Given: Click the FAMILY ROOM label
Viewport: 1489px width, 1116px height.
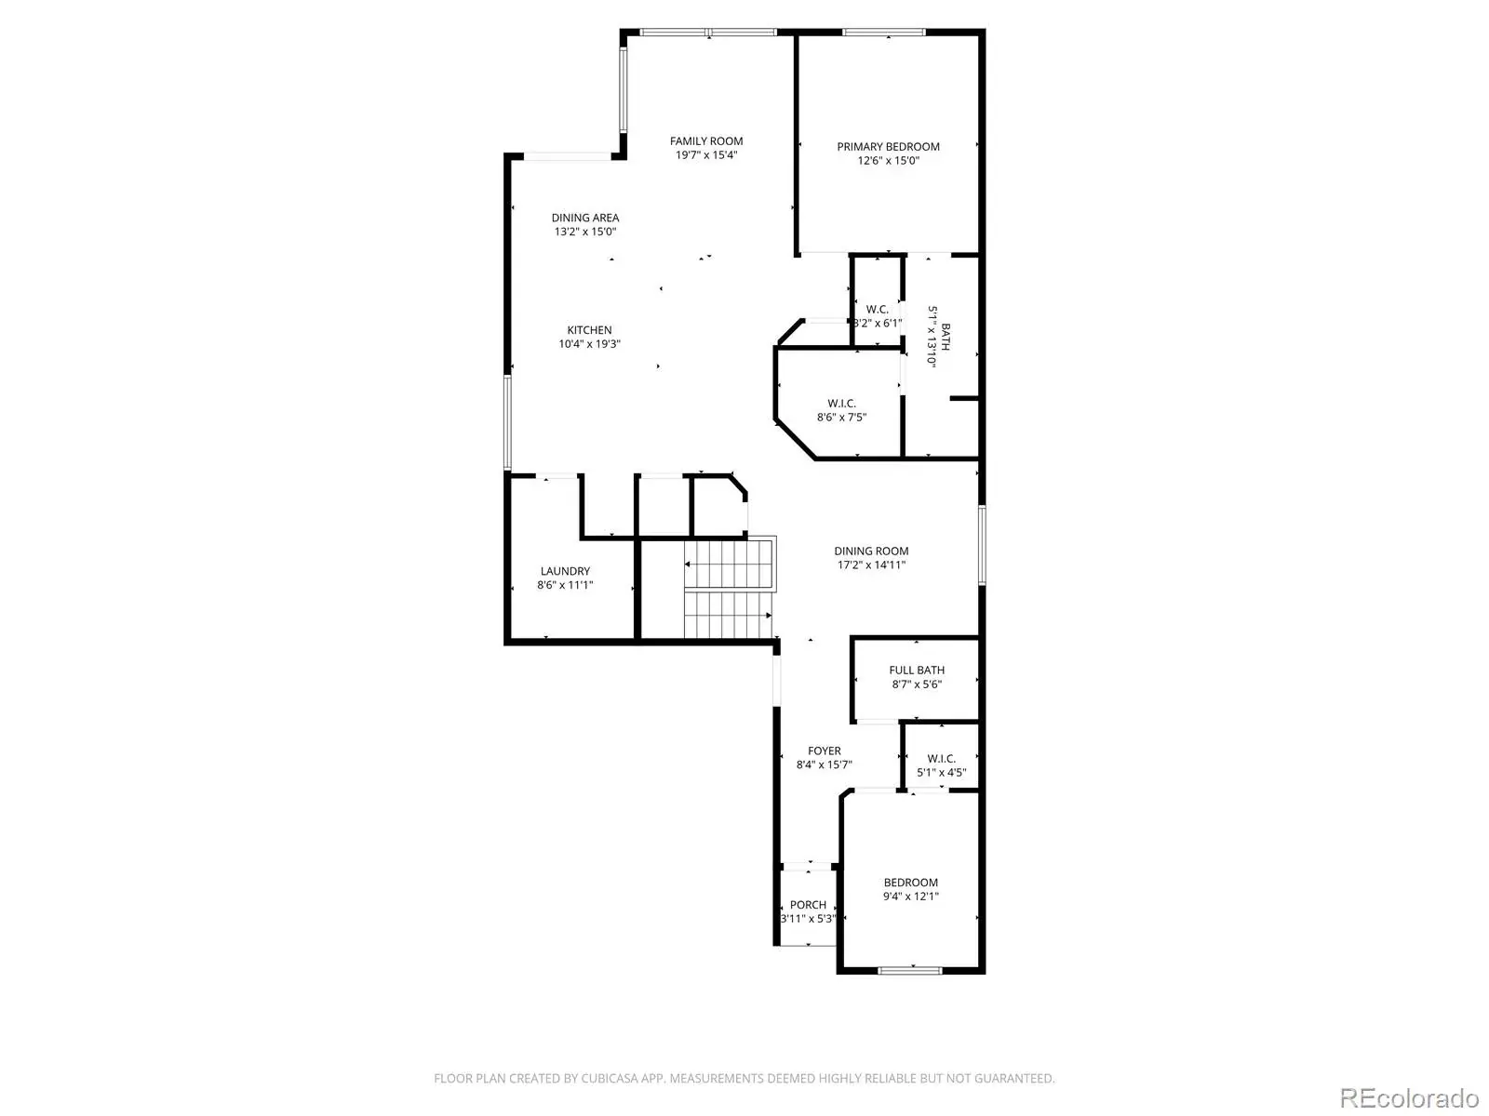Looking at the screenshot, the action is tap(706, 141).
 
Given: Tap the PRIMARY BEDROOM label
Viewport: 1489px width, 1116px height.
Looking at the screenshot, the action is tap(888, 146).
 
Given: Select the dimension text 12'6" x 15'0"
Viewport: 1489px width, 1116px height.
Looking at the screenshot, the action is tap(888, 161).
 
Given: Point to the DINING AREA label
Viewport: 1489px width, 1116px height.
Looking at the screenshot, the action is tap(584, 218).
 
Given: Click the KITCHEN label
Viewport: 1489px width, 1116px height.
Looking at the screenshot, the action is tap(589, 330).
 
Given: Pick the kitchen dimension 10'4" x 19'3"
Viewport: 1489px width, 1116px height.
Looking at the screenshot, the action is tap(589, 343).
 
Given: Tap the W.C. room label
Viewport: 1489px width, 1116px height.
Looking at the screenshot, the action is tap(878, 309).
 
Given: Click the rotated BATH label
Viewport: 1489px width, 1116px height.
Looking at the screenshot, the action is tap(946, 337).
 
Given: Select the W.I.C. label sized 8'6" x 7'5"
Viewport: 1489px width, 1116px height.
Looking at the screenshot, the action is tap(841, 404).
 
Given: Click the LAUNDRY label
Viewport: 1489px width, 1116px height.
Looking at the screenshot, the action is tap(565, 571).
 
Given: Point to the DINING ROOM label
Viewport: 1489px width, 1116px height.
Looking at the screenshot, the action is tap(871, 551).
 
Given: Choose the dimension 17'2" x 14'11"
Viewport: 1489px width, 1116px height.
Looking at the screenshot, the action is tap(871, 565).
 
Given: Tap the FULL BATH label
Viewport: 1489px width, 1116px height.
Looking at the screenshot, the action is tap(917, 671).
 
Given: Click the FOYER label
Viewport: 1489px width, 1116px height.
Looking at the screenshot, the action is tap(825, 751).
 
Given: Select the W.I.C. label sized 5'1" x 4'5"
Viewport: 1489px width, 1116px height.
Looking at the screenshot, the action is tap(941, 758).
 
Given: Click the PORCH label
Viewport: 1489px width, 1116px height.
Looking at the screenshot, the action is tap(808, 905).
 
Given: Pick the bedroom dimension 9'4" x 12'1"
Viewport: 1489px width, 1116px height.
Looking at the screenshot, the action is tap(910, 897).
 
